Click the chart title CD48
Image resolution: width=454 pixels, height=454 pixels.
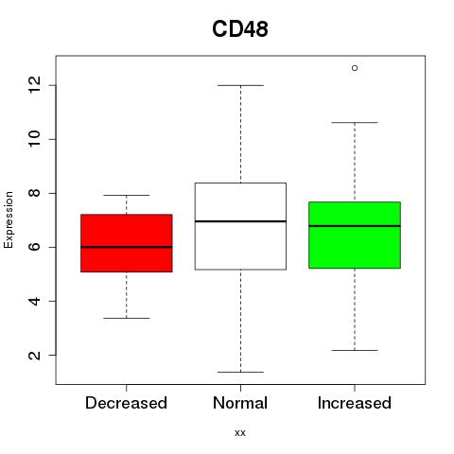tap(240, 28)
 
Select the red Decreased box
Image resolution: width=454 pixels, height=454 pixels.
tap(127, 243)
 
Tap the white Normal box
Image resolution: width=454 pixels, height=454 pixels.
tap(240, 226)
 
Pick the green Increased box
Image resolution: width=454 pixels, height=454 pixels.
tap(355, 236)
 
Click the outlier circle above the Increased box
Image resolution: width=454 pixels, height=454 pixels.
tap(355, 68)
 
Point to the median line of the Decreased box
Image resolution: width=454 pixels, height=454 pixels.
tap(127, 247)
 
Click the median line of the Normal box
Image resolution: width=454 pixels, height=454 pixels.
tap(240, 221)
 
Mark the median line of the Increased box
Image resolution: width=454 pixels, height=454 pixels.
tap(355, 226)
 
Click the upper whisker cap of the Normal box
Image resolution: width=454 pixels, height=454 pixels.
tap(240, 85)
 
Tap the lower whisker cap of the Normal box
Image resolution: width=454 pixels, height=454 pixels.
tap(240, 372)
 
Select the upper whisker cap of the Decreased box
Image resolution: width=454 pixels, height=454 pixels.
tap(127, 196)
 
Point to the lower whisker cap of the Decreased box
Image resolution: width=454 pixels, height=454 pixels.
tap(127, 318)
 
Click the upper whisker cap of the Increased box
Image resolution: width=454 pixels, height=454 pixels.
tap(355, 122)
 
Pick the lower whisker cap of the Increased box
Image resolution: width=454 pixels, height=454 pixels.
tap(355, 350)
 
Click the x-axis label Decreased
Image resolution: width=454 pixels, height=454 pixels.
tap(126, 403)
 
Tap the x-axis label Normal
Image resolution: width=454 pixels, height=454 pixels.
tap(240, 403)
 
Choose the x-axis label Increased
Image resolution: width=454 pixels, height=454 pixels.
tap(355, 403)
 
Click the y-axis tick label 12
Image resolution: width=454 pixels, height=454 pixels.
tap(35, 85)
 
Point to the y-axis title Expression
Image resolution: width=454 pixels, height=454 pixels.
tap(9, 219)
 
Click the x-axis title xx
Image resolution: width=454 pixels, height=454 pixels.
tap(240, 433)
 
